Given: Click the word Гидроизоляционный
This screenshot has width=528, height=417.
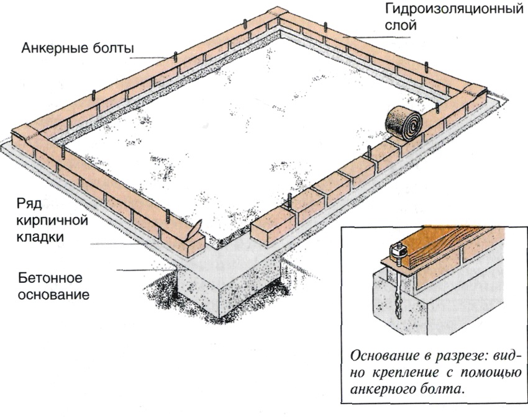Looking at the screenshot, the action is (454, 11).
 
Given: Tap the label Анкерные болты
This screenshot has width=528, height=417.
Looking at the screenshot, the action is (78, 48).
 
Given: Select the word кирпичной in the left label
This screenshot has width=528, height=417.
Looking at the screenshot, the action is (52, 221).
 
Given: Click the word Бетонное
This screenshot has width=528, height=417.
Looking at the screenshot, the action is (50, 278).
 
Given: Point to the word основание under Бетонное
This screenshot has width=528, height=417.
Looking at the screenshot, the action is (53, 294).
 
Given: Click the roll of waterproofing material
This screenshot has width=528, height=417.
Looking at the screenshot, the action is (404, 124).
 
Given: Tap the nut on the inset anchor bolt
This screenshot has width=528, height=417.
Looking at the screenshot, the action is (396, 249).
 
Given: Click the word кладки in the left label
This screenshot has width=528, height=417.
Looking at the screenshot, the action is (40, 237).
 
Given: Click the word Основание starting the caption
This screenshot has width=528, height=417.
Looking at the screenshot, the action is (383, 356).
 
